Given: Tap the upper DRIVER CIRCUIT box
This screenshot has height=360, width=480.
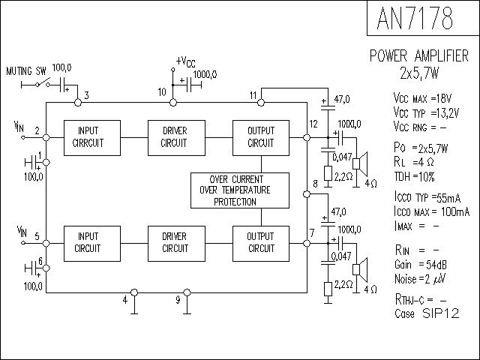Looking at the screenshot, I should pos(175,136).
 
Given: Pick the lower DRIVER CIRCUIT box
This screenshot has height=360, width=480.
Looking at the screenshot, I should pos(175,243).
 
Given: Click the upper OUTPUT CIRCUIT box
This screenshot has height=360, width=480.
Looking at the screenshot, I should pos(261,136).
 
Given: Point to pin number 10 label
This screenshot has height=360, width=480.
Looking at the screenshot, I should pos(162,92).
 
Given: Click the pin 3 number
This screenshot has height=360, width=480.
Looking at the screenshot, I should pos(87,95).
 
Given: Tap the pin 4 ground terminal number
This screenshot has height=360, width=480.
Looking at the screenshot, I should pos(125,301).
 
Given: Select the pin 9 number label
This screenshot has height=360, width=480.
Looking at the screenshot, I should pos(178,301).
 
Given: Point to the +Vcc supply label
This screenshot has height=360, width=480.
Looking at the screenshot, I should pos(187,61).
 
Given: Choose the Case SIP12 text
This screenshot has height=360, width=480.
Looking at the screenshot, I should pos(427,312).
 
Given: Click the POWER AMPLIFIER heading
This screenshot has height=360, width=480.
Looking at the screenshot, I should pos(419,56).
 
